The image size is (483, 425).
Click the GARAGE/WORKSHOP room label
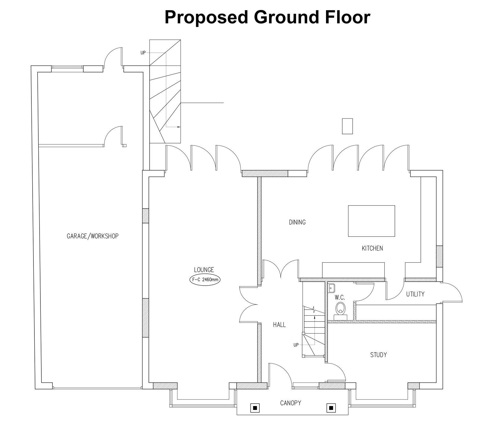click(93, 236)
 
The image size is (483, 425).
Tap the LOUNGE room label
click(204, 270)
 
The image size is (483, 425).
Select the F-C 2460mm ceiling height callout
click(205, 280)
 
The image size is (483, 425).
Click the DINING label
click(297, 222)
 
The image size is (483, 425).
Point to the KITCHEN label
click(372, 248)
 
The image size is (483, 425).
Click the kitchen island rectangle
click(371, 221)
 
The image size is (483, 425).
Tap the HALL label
click(279, 325)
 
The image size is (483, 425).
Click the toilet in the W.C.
click(341, 310)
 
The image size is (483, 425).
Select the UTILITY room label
click(415, 294)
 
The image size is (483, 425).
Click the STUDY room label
click(379, 355)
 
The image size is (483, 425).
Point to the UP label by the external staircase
click(143, 53)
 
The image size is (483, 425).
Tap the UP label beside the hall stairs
click(296, 345)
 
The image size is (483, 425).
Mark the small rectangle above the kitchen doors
click(347, 126)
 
